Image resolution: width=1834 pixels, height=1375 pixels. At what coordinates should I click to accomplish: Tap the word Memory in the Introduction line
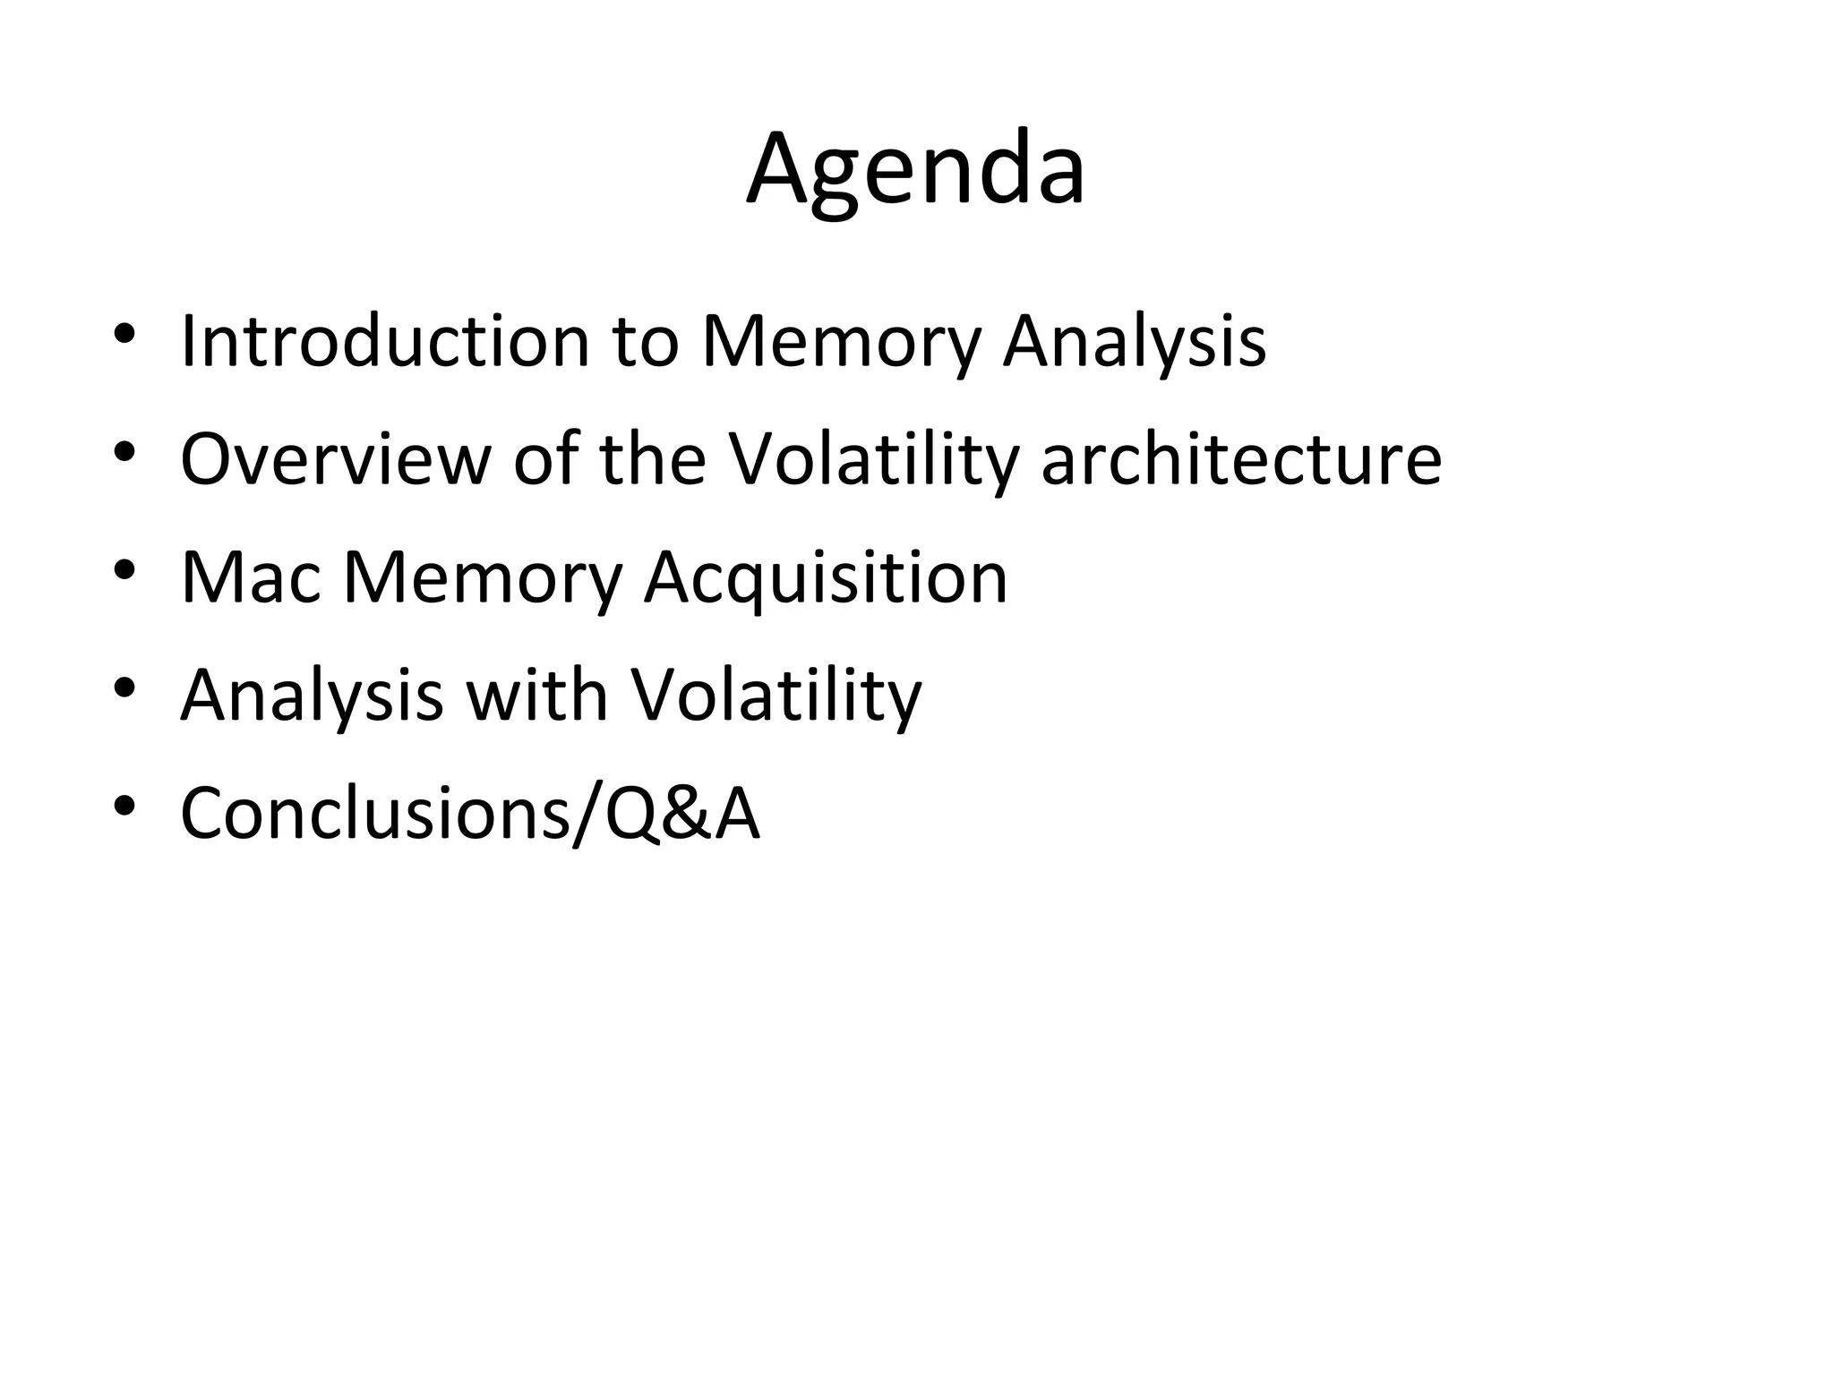840,341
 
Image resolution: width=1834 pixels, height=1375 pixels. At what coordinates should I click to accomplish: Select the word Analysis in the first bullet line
1134,341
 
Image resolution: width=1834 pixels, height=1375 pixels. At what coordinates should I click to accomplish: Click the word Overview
335,459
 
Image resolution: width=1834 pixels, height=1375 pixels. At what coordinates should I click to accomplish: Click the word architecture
1241,459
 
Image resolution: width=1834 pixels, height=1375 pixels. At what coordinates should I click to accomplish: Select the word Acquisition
826,577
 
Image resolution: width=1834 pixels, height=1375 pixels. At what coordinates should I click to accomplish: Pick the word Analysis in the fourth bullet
312,696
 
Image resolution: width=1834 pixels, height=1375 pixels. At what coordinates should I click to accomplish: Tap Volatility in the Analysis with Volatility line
776,696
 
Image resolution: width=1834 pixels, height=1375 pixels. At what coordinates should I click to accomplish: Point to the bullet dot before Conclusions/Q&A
124,807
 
